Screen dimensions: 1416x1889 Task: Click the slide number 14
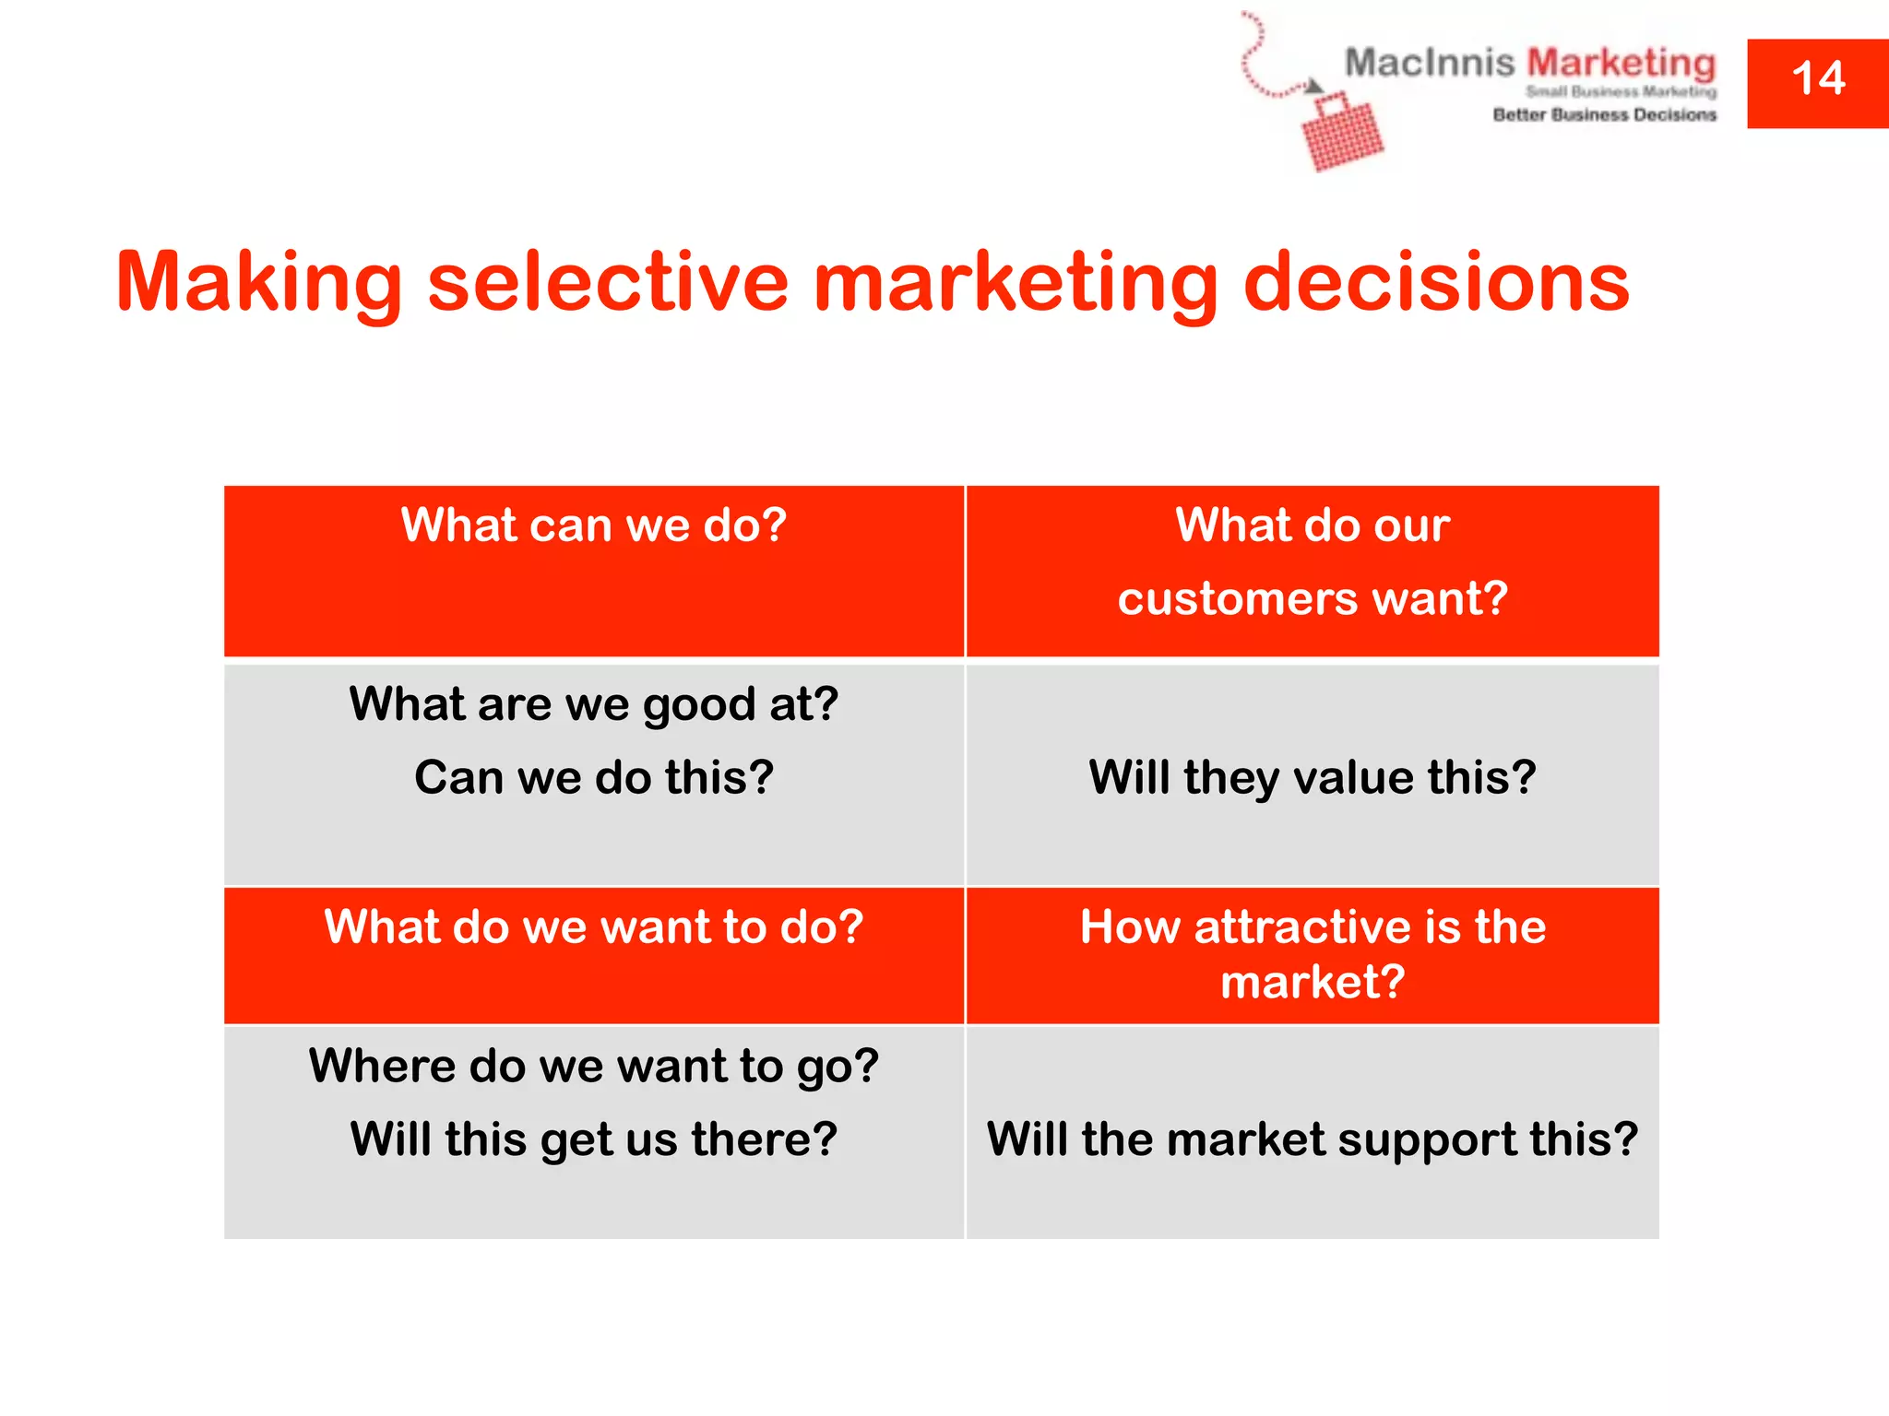point(1818,79)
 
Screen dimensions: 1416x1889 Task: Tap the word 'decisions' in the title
point(1436,282)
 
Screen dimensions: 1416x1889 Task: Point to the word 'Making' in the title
point(259,284)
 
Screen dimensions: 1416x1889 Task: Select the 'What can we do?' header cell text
point(594,525)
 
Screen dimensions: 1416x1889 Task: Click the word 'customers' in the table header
point(1237,599)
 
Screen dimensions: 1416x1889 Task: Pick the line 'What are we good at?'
point(594,705)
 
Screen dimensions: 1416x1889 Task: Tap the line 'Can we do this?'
point(594,778)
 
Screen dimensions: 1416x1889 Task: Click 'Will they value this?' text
point(1313,778)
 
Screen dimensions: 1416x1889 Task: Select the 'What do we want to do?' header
point(594,927)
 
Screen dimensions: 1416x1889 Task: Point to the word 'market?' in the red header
point(1313,983)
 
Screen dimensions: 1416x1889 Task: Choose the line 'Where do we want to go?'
point(594,1067)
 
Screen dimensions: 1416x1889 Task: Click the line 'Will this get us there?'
point(594,1140)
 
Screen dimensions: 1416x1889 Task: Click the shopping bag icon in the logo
point(1342,135)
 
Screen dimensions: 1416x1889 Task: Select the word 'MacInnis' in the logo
point(1430,64)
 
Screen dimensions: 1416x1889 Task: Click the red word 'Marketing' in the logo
point(1622,64)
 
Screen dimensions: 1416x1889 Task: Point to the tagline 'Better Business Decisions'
point(1605,115)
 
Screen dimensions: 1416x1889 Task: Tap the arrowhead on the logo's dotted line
point(1313,87)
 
